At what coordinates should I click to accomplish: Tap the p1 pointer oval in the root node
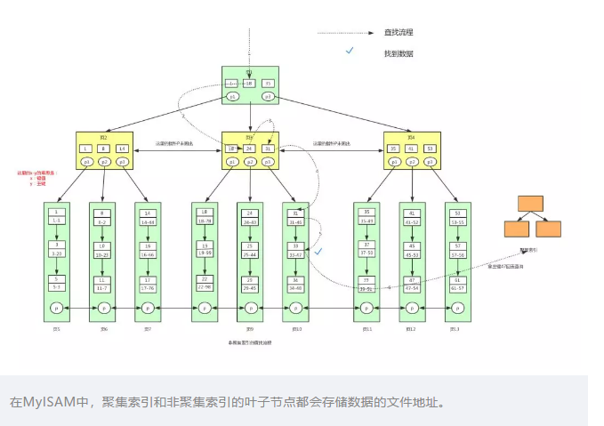point(233,96)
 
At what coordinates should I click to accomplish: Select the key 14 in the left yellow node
point(122,149)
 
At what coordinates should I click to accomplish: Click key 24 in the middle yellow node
point(250,149)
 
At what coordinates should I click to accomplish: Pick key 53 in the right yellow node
point(430,149)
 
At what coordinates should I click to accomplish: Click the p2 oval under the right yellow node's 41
point(412,163)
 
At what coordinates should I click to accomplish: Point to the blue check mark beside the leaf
point(318,252)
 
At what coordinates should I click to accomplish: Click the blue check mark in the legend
point(350,52)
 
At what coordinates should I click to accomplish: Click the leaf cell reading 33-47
point(295,253)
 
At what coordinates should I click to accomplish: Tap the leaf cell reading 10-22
point(103,253)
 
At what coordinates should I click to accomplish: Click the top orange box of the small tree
point(531,202)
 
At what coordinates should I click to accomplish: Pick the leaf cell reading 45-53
point(412,253)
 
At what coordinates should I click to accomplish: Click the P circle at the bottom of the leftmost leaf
point(57,308)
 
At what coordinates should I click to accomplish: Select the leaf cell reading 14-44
point(148,221)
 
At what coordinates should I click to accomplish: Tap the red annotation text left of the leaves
point(36,178)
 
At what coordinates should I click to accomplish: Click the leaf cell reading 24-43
point(250,221)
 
